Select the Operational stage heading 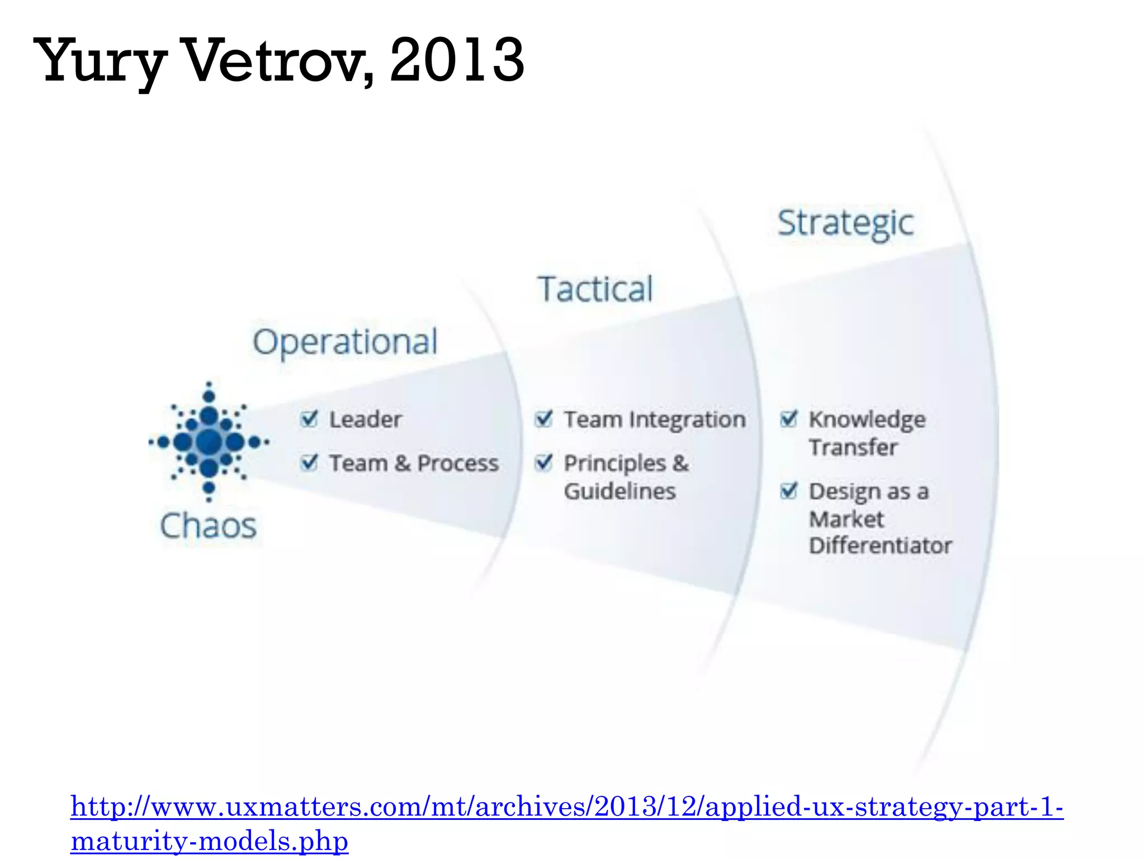point(345,342)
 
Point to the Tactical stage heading point(595,289)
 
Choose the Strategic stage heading point(845,223)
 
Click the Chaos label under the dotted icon point(208,526)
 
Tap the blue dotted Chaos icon point(209,442)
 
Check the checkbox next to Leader point(309,418)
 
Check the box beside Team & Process point(309,462)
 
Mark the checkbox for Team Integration point(543,418)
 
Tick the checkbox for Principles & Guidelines point(543,462)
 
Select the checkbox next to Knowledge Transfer point(788,418)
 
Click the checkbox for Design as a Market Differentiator point(788,490)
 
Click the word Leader point(365,419)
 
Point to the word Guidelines point(619,492)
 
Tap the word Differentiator point(880,545)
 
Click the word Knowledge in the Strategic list point(867,419)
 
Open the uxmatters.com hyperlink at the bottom point(566,808)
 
